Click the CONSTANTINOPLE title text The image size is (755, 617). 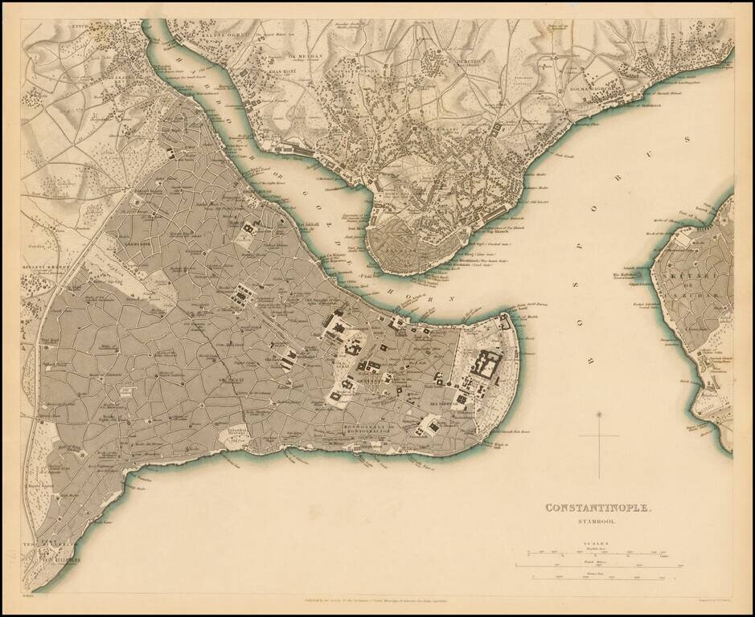click(x=599, y=508)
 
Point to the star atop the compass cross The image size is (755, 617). click(x=598, y=415)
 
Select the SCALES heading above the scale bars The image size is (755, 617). click(x=598, y=544)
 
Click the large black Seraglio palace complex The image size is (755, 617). click(x=486, y=363)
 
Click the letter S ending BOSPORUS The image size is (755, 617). click(x=687, y=139)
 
